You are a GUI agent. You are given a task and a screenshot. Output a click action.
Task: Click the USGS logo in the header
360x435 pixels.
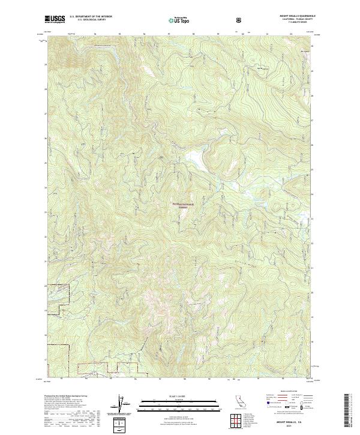click(x=55, y=20)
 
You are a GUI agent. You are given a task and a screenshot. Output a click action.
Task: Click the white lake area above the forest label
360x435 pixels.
click(x=195, y=157)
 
